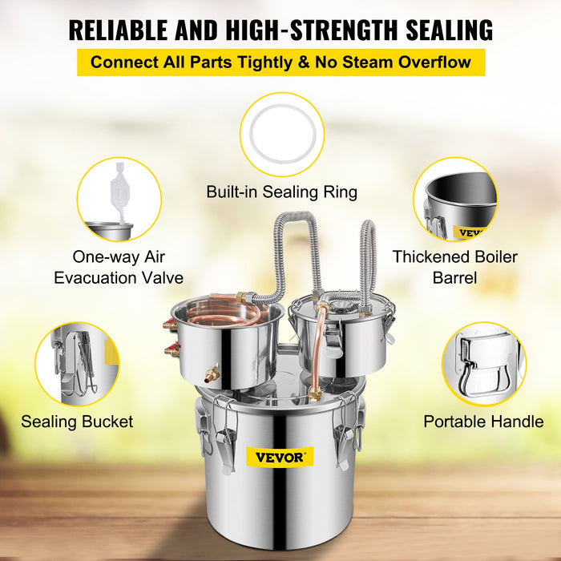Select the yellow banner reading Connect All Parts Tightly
[x=280, y=63]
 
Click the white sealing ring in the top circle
[x=282, y=134]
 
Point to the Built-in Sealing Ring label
[x=281, y=192]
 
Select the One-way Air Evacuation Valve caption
[x=119, y=268]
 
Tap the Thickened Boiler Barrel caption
[x=454, y=268]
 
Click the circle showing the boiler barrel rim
[x=455, y=198]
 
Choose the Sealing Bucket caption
[x=78, y=422]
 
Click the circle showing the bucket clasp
[x=77, y=363]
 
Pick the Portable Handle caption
[x=483, y=422]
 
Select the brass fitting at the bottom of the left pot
[x=212, y=373]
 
